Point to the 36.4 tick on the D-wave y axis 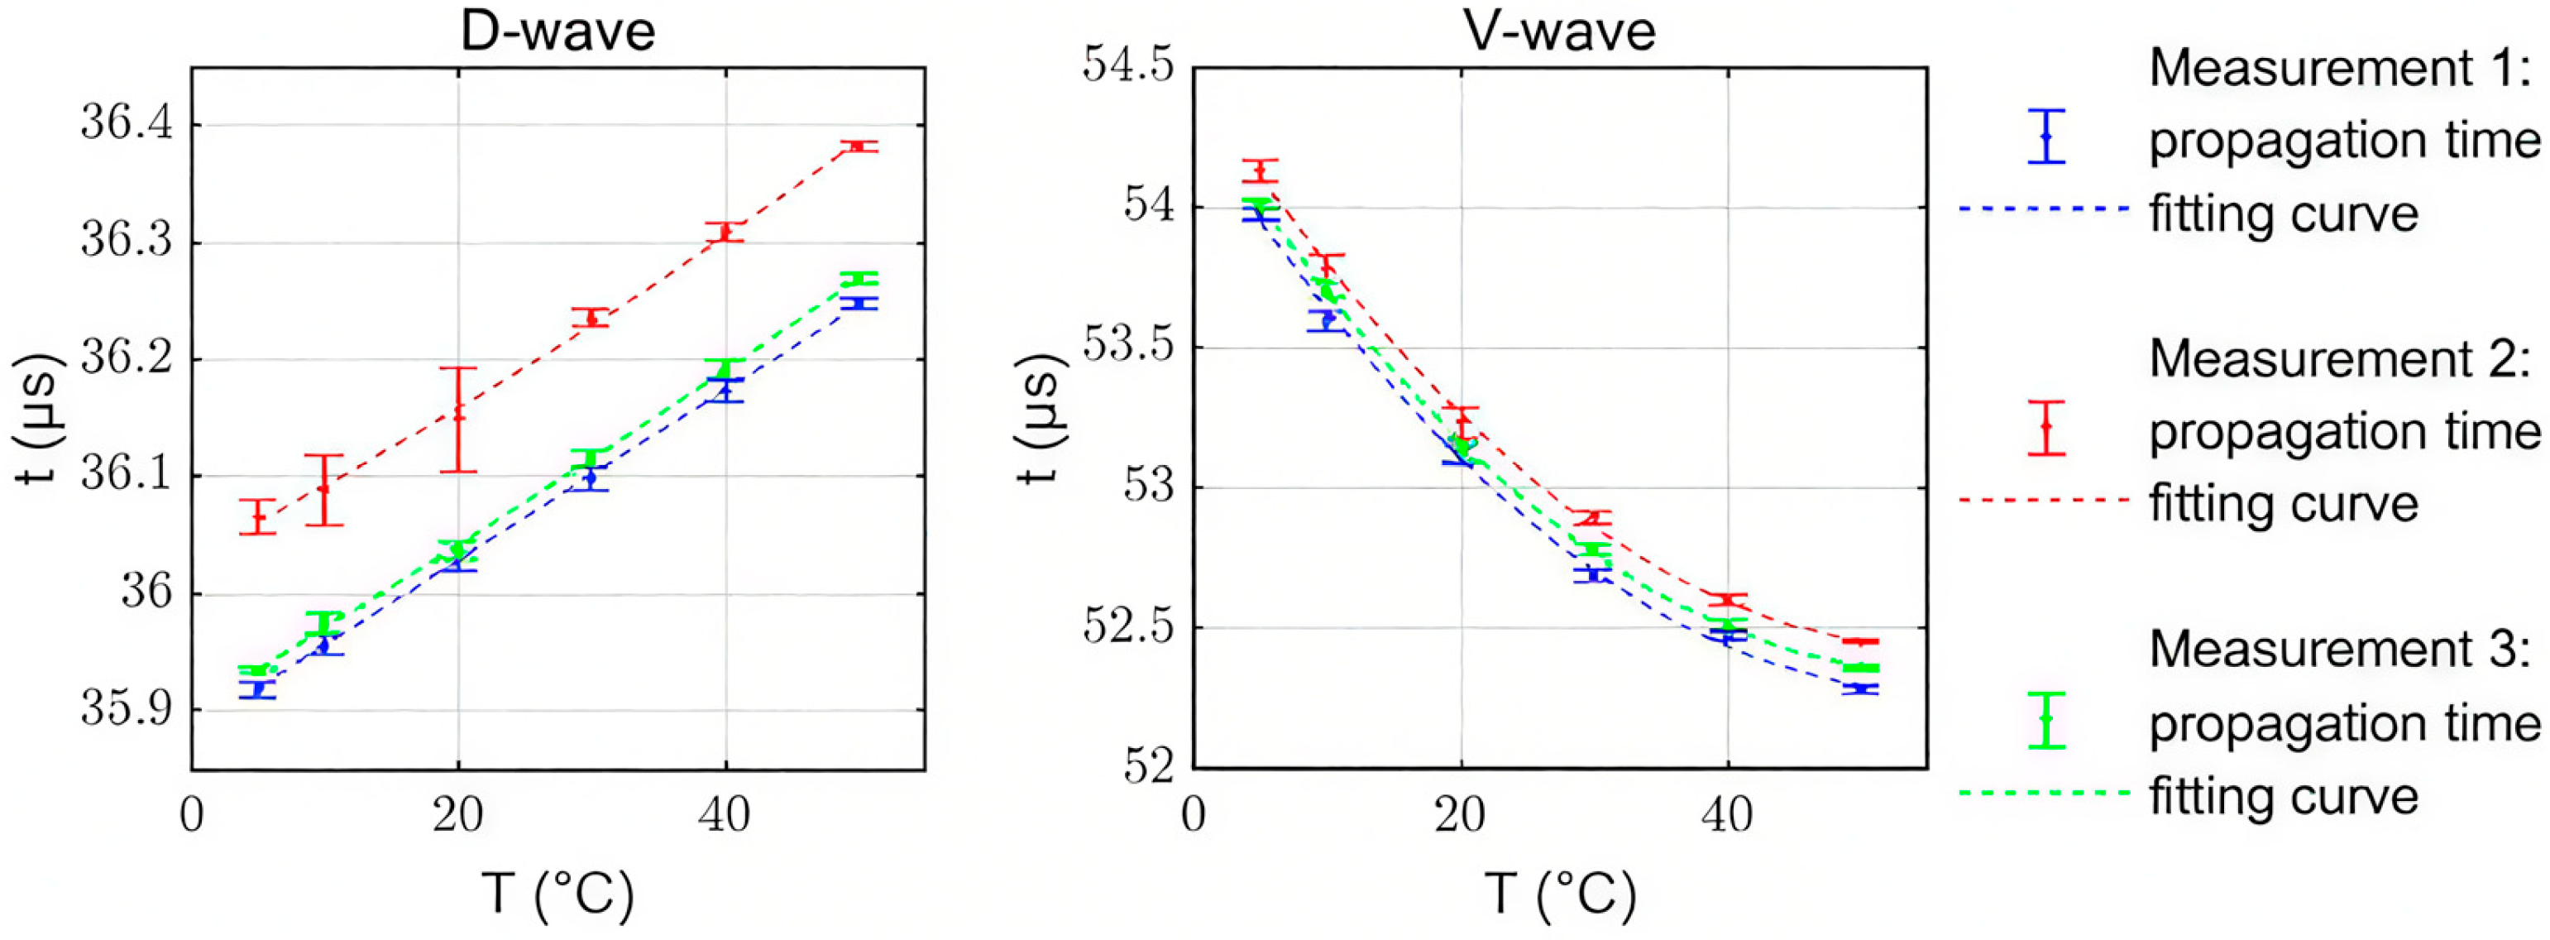coord(127,126)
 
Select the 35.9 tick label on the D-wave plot coord(127,710)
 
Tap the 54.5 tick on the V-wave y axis coord(1127,67)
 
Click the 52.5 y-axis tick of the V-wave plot coord(1127,628)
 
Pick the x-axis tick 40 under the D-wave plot coord(725,815)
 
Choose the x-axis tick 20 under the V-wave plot coord(1460,815)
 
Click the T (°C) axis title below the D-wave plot coord(557,894)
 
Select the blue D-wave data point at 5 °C coord(258,688)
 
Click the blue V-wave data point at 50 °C coord(1861,688)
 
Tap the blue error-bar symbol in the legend coord(2046,136)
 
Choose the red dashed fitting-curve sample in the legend coord(2044,501)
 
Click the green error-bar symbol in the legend coord(2046,719)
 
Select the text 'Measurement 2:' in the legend coord(2340,357)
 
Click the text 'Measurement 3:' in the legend coord(2340,649)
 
